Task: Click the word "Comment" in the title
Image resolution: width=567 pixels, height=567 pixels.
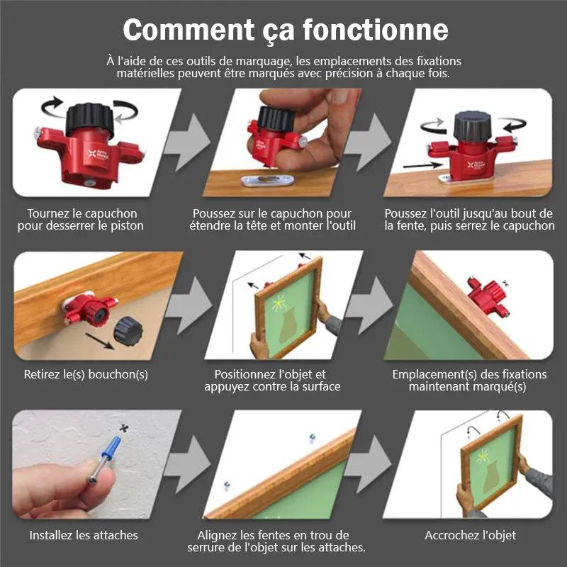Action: (189, 30)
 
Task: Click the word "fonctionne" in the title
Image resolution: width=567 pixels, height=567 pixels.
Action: (376, 29)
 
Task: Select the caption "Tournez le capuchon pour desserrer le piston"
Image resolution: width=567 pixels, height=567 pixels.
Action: (81, 220)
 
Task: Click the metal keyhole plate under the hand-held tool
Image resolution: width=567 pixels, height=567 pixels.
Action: (268, 180)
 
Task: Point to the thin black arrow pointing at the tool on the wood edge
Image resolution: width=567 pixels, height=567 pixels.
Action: (422, 165)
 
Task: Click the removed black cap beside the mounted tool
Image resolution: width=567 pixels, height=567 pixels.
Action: (128, 331)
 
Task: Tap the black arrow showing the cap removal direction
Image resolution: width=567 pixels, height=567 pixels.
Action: (99, 342)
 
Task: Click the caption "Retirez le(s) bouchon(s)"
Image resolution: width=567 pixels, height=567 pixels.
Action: (86, 374)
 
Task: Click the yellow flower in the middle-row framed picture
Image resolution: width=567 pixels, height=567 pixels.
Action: (279, 303)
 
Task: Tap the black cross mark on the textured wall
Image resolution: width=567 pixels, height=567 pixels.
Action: (125, 429)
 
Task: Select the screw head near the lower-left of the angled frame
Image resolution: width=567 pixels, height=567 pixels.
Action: (227, 485)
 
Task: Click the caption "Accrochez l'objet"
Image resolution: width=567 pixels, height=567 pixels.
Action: (470, 535)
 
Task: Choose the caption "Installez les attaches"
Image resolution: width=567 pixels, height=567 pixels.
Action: (84, 535)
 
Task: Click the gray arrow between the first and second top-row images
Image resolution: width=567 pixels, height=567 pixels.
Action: (188, 142)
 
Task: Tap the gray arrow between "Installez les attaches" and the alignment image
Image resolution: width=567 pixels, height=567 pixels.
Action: (188, 464)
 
